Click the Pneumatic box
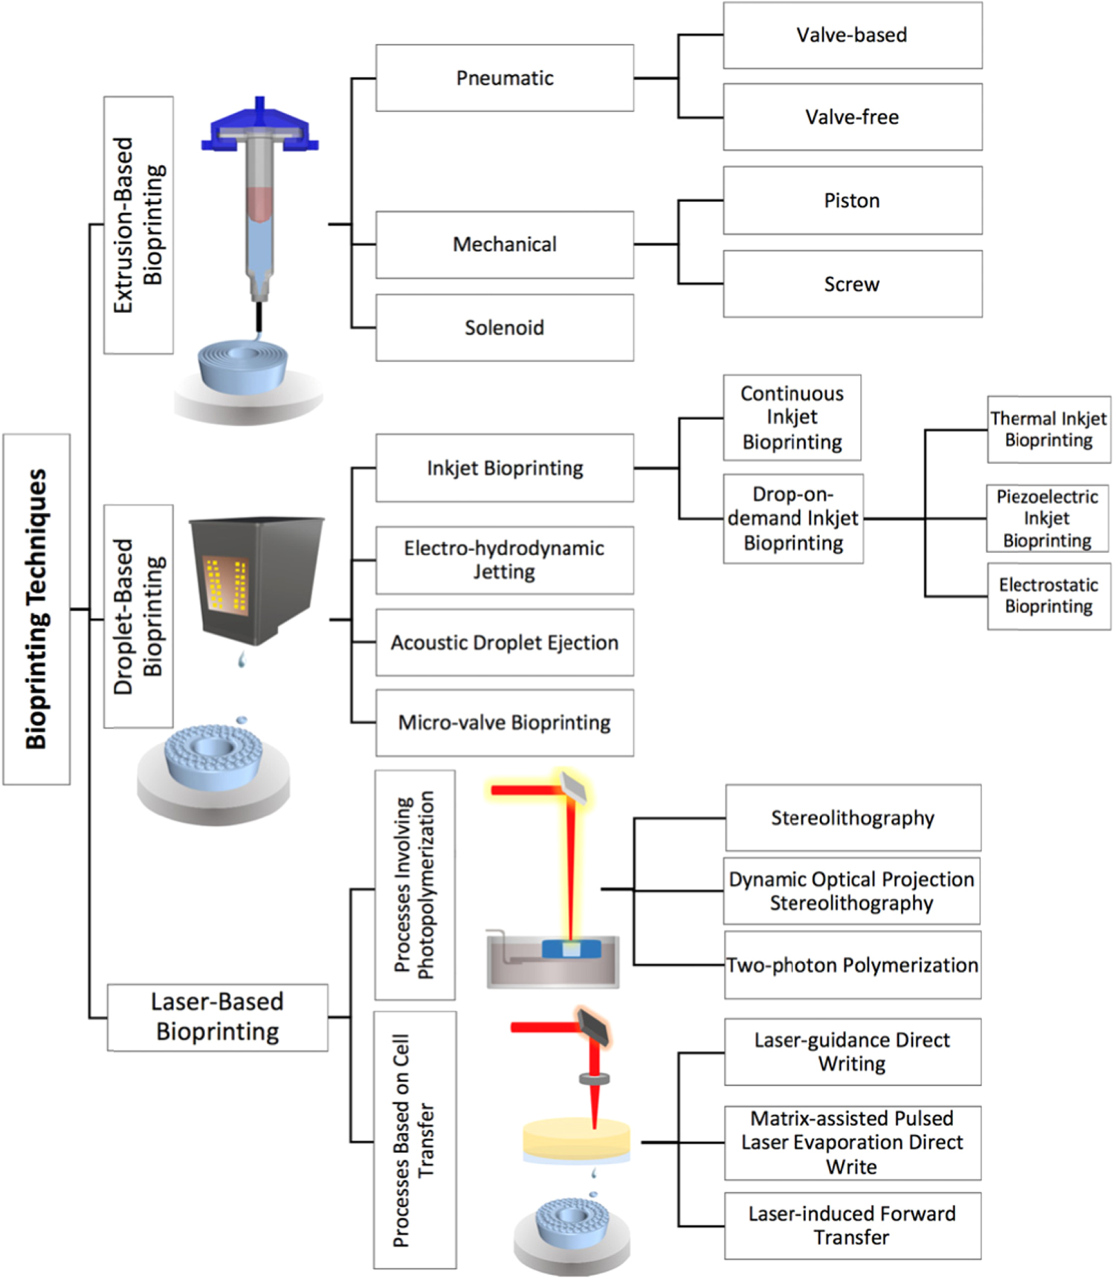click(x=505, y=78)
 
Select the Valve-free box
click(x=852, y=117)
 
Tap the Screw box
click(x=852, y=284)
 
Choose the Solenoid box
click(x=505, y=328)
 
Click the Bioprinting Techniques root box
click(x=36, y=609)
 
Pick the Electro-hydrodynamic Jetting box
click(x=505, y=560)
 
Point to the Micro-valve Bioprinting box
click(x=505, y=723)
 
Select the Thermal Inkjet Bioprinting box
click(x=1048, y=430)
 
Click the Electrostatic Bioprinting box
click(x=1048, y=596)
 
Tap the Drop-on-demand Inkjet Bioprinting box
click(x=793, y=519)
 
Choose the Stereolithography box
click(x=852, y=818)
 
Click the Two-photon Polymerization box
click(x=852, y=965)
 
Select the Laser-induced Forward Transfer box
click(x=852, y=1225)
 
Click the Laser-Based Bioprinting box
click(x=217, y=1017)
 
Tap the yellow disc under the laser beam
click(x=576, y=1136)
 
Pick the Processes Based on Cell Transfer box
click(x=414, y=1140)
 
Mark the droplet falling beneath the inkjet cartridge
click(x=241, y=659)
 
